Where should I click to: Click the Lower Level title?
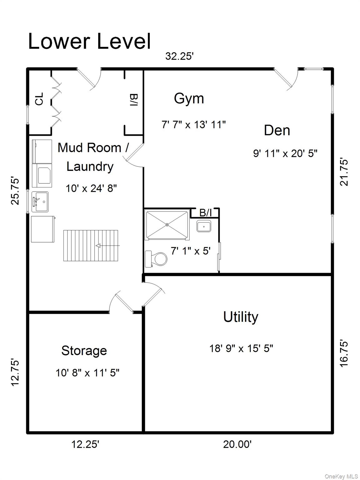click(x=89, y=41)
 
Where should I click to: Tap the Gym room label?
click(x=189, y=98)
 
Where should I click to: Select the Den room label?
click(x=277, y=130)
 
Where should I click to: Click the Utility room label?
click(x=241, y=317)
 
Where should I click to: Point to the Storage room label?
click(x=84, y=351)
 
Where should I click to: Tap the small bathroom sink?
click(x=204, y=226)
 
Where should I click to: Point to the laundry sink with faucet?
click(x=40, y=202)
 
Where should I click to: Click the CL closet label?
click(x=39, y=99)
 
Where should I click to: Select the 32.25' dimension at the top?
click(x=179, y=56)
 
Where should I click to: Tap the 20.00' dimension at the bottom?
click(x=237, y=444)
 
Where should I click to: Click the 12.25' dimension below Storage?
click(x=85, y=444)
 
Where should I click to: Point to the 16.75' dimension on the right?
click(x=344, y=353)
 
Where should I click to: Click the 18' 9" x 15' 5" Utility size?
click(x=241, y=348)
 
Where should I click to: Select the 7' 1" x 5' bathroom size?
click(x=191, y=251)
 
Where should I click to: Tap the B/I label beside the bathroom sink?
click(x=205, y=213)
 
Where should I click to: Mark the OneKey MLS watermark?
click(x=341, y=476)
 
